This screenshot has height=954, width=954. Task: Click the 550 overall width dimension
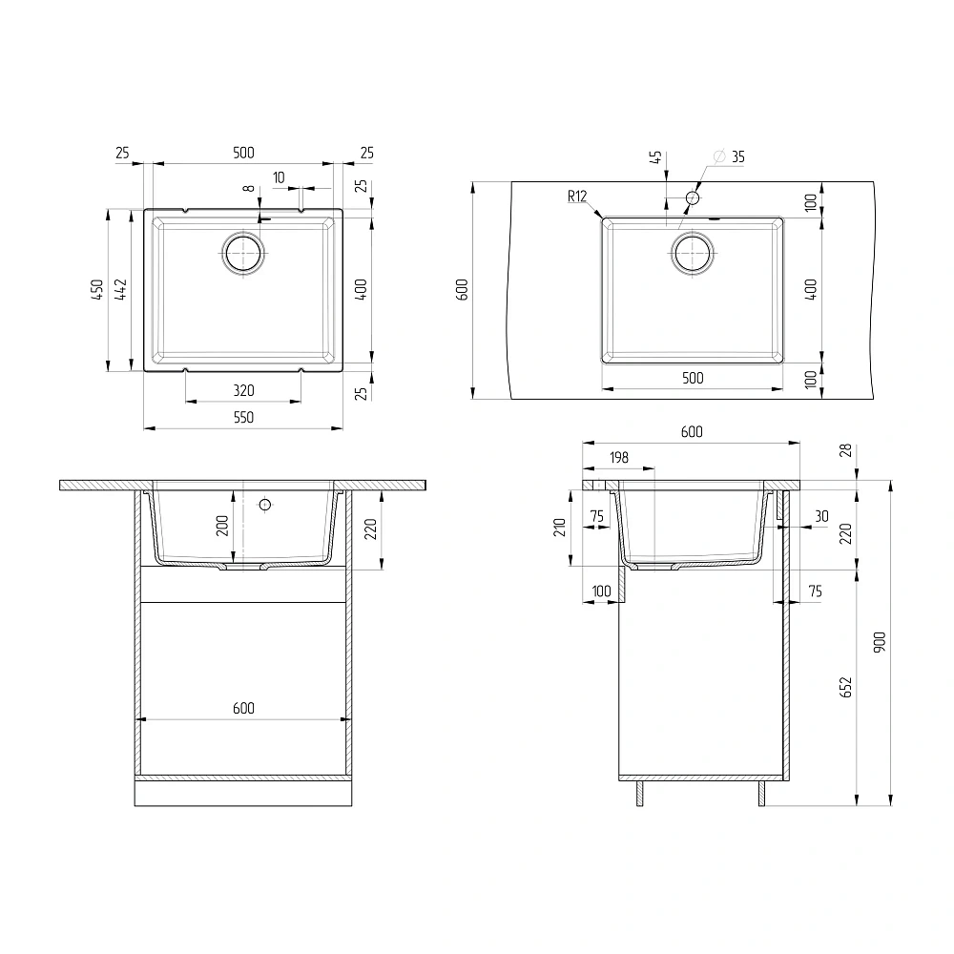[243, 418]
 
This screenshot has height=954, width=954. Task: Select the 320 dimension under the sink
[243, 390]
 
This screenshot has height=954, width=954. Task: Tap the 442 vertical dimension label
[121, 290]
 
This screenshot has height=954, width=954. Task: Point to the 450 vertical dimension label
[97, 290]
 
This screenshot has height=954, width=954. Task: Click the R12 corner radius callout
[577, 196]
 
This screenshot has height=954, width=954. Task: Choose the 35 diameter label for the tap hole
[737, 157]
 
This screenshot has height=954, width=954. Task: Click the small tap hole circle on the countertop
[693, 197]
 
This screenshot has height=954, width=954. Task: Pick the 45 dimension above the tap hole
[655, 157]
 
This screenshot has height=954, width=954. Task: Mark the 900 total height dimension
[880, 642]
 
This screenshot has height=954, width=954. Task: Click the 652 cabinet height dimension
[845, 687]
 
